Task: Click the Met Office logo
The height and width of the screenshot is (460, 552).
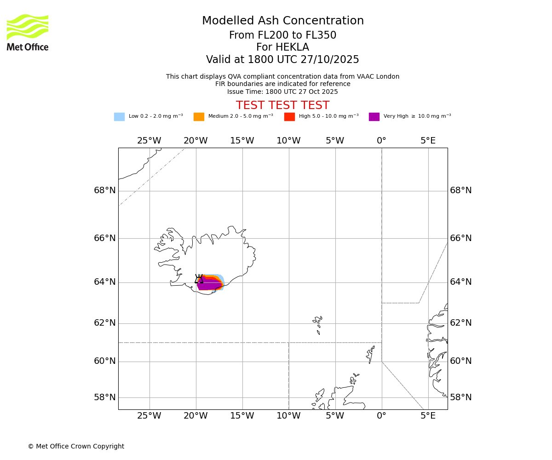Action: [28, 32]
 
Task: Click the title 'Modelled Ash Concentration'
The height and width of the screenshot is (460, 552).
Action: [283, 21]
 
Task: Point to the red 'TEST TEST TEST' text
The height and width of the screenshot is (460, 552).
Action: [282, 106]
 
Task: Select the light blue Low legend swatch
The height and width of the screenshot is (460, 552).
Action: [119, 117]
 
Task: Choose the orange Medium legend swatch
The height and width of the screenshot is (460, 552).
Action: [199, 117]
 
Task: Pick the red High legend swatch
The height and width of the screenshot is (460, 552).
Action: [289, 117]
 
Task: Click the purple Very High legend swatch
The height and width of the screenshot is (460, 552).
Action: [374, 117]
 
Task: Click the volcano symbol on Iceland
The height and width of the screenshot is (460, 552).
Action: [199, 279]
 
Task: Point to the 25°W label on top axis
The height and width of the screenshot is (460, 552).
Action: [149, 141]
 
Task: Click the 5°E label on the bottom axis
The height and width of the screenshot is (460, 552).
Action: [428, 416]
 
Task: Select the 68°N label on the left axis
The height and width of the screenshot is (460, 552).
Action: [105, 190]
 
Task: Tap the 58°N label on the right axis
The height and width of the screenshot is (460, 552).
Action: [460, 397]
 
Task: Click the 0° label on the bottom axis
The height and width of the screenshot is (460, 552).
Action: [381, 416]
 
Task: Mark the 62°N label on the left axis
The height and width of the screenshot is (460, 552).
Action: [105, 323]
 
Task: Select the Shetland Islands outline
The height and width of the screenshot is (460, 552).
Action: [370, 354]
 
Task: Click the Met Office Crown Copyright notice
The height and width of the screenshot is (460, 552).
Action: [76, 447]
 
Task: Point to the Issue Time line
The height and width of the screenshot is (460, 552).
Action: [282, 92]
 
